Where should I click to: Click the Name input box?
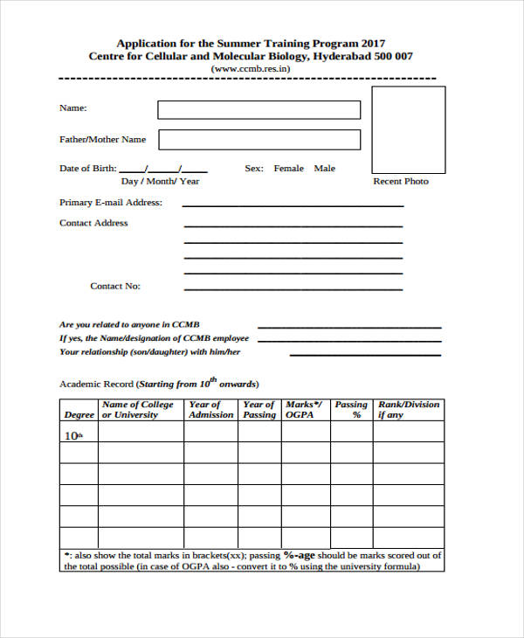(x=259, y=109)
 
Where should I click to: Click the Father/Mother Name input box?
(x=259, y=140)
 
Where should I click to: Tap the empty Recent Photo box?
(x=408, y=129)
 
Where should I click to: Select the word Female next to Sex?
(x=289, y=169)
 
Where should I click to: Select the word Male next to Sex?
(x=325, y=169)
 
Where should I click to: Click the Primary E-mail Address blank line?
(x=293, y=205)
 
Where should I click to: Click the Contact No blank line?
(x=293, y=288)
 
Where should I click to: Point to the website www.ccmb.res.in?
(x=250, y=68)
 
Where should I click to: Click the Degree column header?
(x=78, y=415)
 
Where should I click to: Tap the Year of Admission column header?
(x=211, y=410)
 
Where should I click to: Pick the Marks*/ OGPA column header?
(x=304, y=410)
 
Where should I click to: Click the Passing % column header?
(x=351, y=410)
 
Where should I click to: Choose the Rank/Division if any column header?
(x=409, y=410)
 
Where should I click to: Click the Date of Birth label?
(x=86, y=169)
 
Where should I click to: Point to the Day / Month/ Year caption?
(x=160, y=181)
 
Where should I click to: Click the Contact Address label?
(x=93, y=223)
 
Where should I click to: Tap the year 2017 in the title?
(x=373, y=43)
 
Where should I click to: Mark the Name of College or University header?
(x=138, y=410)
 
